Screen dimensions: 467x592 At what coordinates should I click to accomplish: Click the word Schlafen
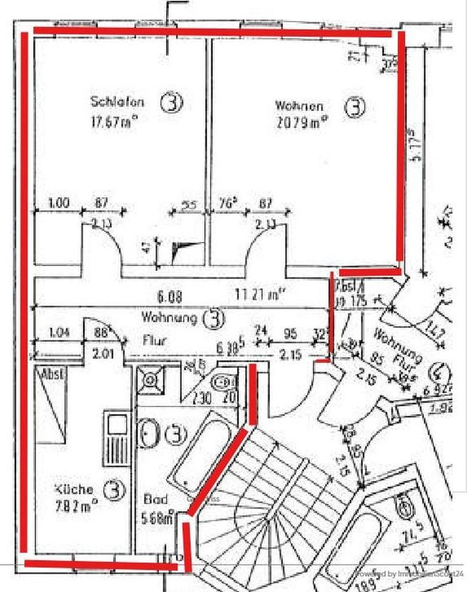point(117,102)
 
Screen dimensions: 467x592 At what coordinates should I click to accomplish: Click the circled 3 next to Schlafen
point(172,103)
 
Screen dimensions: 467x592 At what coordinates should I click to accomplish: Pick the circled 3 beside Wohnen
point(354,107)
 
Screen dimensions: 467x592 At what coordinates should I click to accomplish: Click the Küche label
point(74,489)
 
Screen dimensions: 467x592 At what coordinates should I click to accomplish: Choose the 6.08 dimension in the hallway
point(169,297)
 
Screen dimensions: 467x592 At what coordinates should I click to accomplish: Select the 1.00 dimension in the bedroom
point(59,202)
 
